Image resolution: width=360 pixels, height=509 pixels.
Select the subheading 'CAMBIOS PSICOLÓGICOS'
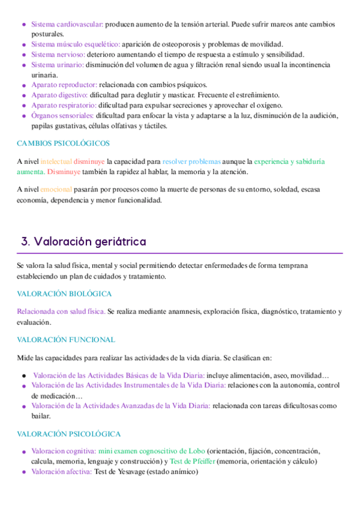coord(63,143)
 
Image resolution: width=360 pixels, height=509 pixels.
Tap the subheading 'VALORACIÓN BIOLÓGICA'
coord(64,294)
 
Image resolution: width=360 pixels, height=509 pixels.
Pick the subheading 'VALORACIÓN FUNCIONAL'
coord(65,340)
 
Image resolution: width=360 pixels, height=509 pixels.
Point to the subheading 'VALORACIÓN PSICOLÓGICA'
coord(68,433)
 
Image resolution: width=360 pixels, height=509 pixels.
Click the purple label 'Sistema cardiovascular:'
coord(67,24)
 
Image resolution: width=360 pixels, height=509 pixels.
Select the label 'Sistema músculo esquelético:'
coord(76,44)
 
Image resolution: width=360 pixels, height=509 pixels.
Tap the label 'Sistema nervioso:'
coord(58,55)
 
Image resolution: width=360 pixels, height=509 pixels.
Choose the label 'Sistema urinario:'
coord(58,65)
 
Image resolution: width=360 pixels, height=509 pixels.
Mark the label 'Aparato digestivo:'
coord(59,95)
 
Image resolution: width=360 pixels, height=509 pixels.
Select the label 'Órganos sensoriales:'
coord(62,116)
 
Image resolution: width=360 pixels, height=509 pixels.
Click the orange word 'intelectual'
coord(56,161)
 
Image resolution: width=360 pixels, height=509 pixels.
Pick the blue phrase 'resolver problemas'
coord(191,161)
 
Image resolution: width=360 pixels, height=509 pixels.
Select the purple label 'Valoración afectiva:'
coord(61,472)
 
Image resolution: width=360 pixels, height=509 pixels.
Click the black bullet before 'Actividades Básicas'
coord(23,375)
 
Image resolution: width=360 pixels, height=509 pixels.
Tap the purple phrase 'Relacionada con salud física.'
coord(61,312)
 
